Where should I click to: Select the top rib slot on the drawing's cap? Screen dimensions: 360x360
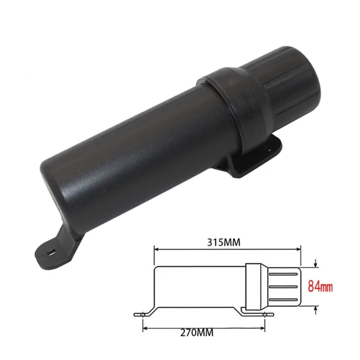coord(283,273)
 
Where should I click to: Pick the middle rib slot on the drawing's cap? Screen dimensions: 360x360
coord(283,286)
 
